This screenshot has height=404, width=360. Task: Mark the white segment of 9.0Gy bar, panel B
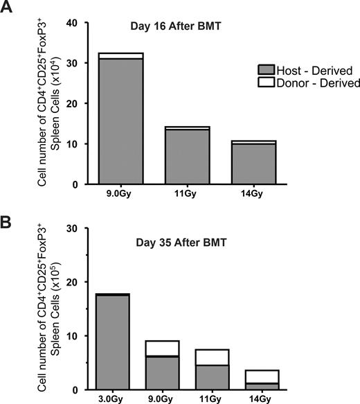click(x=160, y=348)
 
